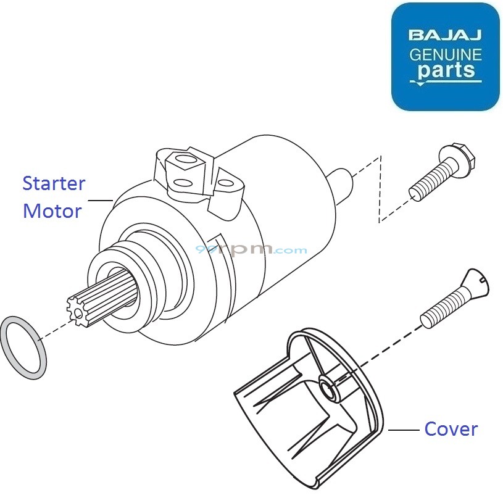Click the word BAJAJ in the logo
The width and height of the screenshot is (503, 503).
(445, 35)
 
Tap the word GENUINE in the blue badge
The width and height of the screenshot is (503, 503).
(446, 55)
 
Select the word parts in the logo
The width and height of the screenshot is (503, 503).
(446, 70)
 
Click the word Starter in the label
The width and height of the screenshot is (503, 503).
(54, 183)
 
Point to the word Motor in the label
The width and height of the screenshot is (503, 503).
(52, 211)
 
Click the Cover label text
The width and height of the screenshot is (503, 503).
(451, 429)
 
